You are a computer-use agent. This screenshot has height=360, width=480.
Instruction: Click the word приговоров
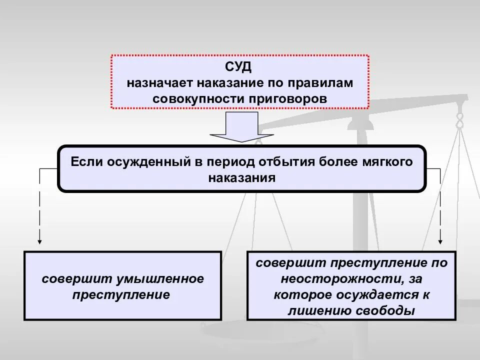tap(288, 98)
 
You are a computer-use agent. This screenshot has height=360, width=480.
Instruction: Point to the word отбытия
tap(288, 162)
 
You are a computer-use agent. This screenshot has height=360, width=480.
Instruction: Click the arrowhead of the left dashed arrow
tap(39, 241)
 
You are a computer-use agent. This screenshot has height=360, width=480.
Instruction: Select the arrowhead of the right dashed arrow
tap(440, 241)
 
